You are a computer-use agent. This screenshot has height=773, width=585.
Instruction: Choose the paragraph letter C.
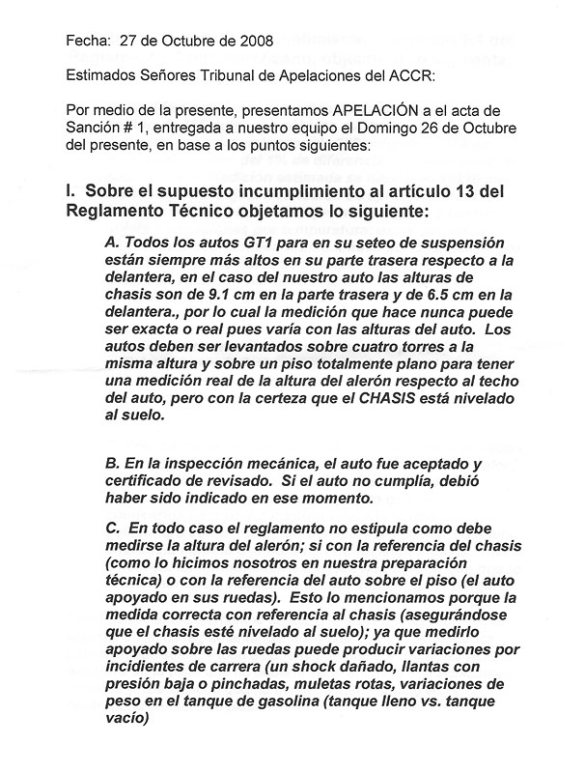click(114, 528)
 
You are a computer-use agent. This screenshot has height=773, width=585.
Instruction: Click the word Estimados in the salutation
click(99, 74)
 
